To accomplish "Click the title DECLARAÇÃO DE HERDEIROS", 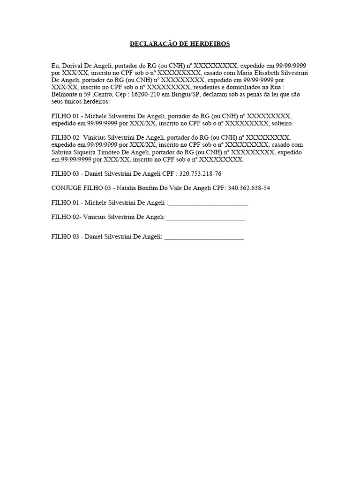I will tap(180, 44).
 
